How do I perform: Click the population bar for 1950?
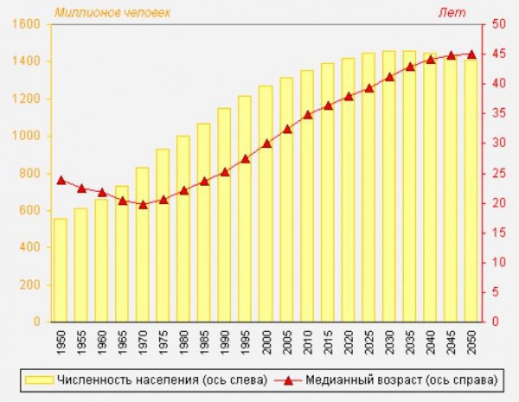[x=61, y=270]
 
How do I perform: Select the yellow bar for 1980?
[x=183, y=228]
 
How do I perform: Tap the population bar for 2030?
[x=388, y=186]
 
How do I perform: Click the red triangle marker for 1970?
[x=143, y=205]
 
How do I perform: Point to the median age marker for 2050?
[x=471, y=54]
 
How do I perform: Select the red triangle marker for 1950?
[x=61, y=180]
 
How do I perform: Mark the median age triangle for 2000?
[x=266, y=143]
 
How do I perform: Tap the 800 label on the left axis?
[x=32, y=173]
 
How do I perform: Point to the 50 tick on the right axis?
[x=498, y=24]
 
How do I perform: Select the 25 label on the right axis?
[x=498, y=173]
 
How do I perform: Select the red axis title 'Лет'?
[x=453, y=12]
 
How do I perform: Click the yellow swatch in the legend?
[x=39, y=380]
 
